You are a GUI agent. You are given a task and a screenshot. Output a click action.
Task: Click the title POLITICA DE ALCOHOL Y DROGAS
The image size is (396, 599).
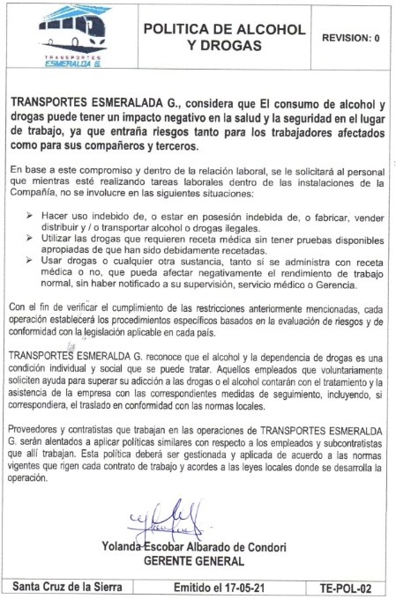tap(224, 38)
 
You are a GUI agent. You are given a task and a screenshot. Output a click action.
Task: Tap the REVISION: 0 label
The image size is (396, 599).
tap(351, 38)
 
